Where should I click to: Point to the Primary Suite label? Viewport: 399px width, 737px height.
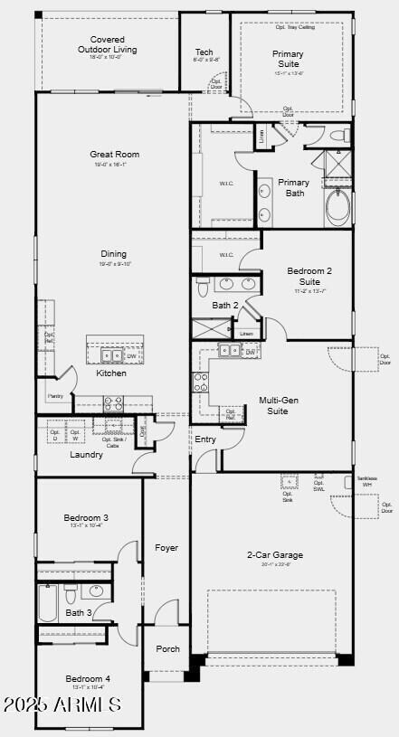[x=288, y=59]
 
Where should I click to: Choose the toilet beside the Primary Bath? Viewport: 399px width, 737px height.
[x=338, y=136]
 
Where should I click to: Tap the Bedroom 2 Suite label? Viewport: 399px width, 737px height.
[x=309, y=276]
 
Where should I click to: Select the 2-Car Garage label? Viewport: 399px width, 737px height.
[x=275, y=554]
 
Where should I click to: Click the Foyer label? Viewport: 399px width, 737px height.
[x=166, y=547]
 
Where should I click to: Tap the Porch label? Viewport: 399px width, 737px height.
[x=167, y=648]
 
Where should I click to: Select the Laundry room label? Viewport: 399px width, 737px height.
[x=86, y=454]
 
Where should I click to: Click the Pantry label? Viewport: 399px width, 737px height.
[x=54, y=396]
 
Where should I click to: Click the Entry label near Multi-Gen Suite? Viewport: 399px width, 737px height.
[x=205, y=439]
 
